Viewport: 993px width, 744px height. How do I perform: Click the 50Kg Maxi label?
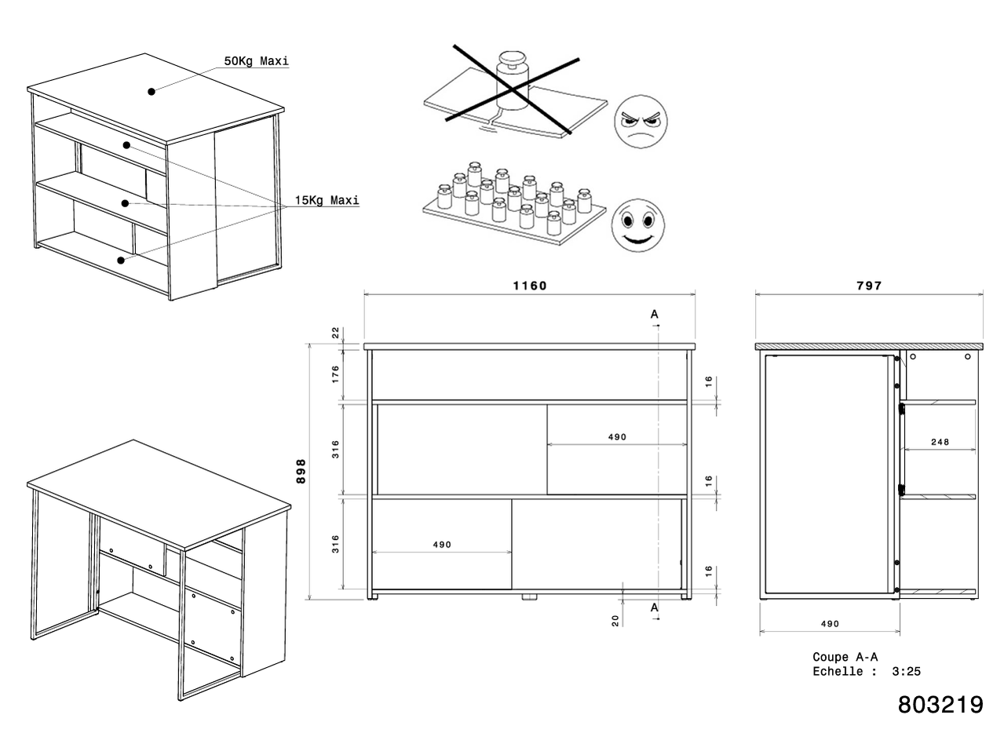coord(257,61)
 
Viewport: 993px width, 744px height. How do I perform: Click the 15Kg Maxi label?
coord(327,200)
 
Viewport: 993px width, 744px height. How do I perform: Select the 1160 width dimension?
coord(529,286)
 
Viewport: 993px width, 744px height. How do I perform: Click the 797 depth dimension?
coord(869,286)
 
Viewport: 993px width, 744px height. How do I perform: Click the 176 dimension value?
coord(335,374)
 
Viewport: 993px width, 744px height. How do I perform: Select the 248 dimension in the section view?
coord(939,442)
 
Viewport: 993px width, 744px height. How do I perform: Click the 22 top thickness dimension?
coord(335,333)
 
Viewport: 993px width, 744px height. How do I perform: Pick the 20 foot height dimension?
coord(616,620)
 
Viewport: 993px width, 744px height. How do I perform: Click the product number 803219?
coord(940,704)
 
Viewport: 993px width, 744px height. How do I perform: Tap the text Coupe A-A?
coord(845,657)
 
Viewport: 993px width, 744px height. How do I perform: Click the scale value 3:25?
coord(907,671)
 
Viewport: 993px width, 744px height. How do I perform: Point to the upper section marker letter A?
coord(655,314)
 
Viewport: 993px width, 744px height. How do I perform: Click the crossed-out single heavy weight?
coord(513,77)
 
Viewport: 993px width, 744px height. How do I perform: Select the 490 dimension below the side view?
coord(830,624)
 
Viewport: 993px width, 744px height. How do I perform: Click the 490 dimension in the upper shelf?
coord(617,437)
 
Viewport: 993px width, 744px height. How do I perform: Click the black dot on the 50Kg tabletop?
coord(151,91)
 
